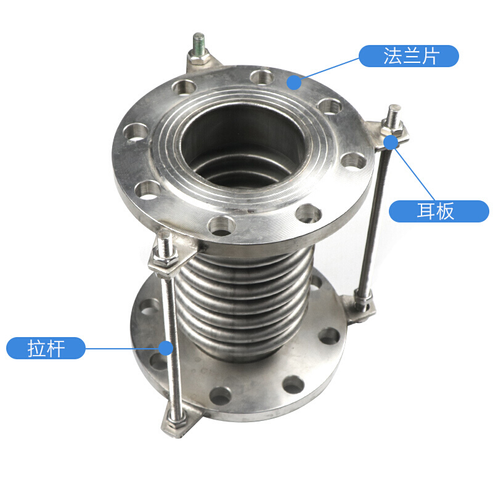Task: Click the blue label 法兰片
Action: [x=409, y=56]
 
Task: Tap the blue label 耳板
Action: [x=439, y=211]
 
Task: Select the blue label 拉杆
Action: [x=46, y=348]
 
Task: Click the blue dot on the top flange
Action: [x=294, y=82]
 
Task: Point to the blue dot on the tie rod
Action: [x=166, y=348]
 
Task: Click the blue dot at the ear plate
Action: [x=391, y=142]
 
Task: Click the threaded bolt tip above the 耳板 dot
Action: [x=394, y=114]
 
